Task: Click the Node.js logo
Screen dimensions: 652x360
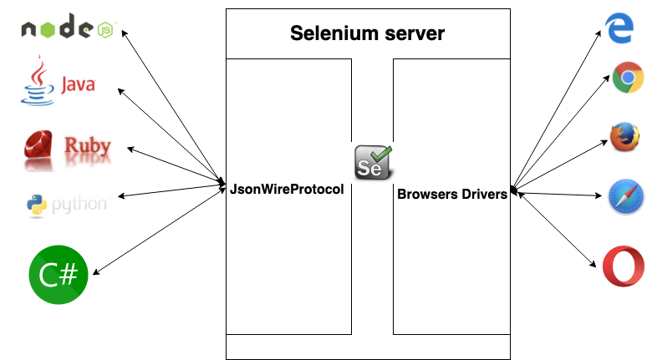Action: coord(69,26)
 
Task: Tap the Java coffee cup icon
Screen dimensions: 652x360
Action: coord(38,81)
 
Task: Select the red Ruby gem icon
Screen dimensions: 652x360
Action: coord(38,145)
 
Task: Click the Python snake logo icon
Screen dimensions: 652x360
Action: coord(37,205)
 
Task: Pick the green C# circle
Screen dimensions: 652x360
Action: coord(59,274)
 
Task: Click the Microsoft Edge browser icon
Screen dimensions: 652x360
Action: coord(619,28)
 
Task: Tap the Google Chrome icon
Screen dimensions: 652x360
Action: coord(628,78)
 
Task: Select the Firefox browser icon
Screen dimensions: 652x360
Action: coord(624,137)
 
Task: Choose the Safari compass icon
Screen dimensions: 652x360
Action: coord(626,196)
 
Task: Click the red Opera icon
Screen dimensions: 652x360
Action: coord(624,266)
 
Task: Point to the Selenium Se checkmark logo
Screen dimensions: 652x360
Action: coord(373,162)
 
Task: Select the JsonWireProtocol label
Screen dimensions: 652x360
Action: coord(287,189)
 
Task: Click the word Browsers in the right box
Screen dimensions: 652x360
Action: coord(427,194)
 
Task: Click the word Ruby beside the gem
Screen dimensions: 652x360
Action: coord(87,145)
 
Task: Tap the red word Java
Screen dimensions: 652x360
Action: coord(79,84)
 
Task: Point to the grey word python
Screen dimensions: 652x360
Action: coord(79,205)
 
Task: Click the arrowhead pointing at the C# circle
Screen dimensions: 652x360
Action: coord(95,272)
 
